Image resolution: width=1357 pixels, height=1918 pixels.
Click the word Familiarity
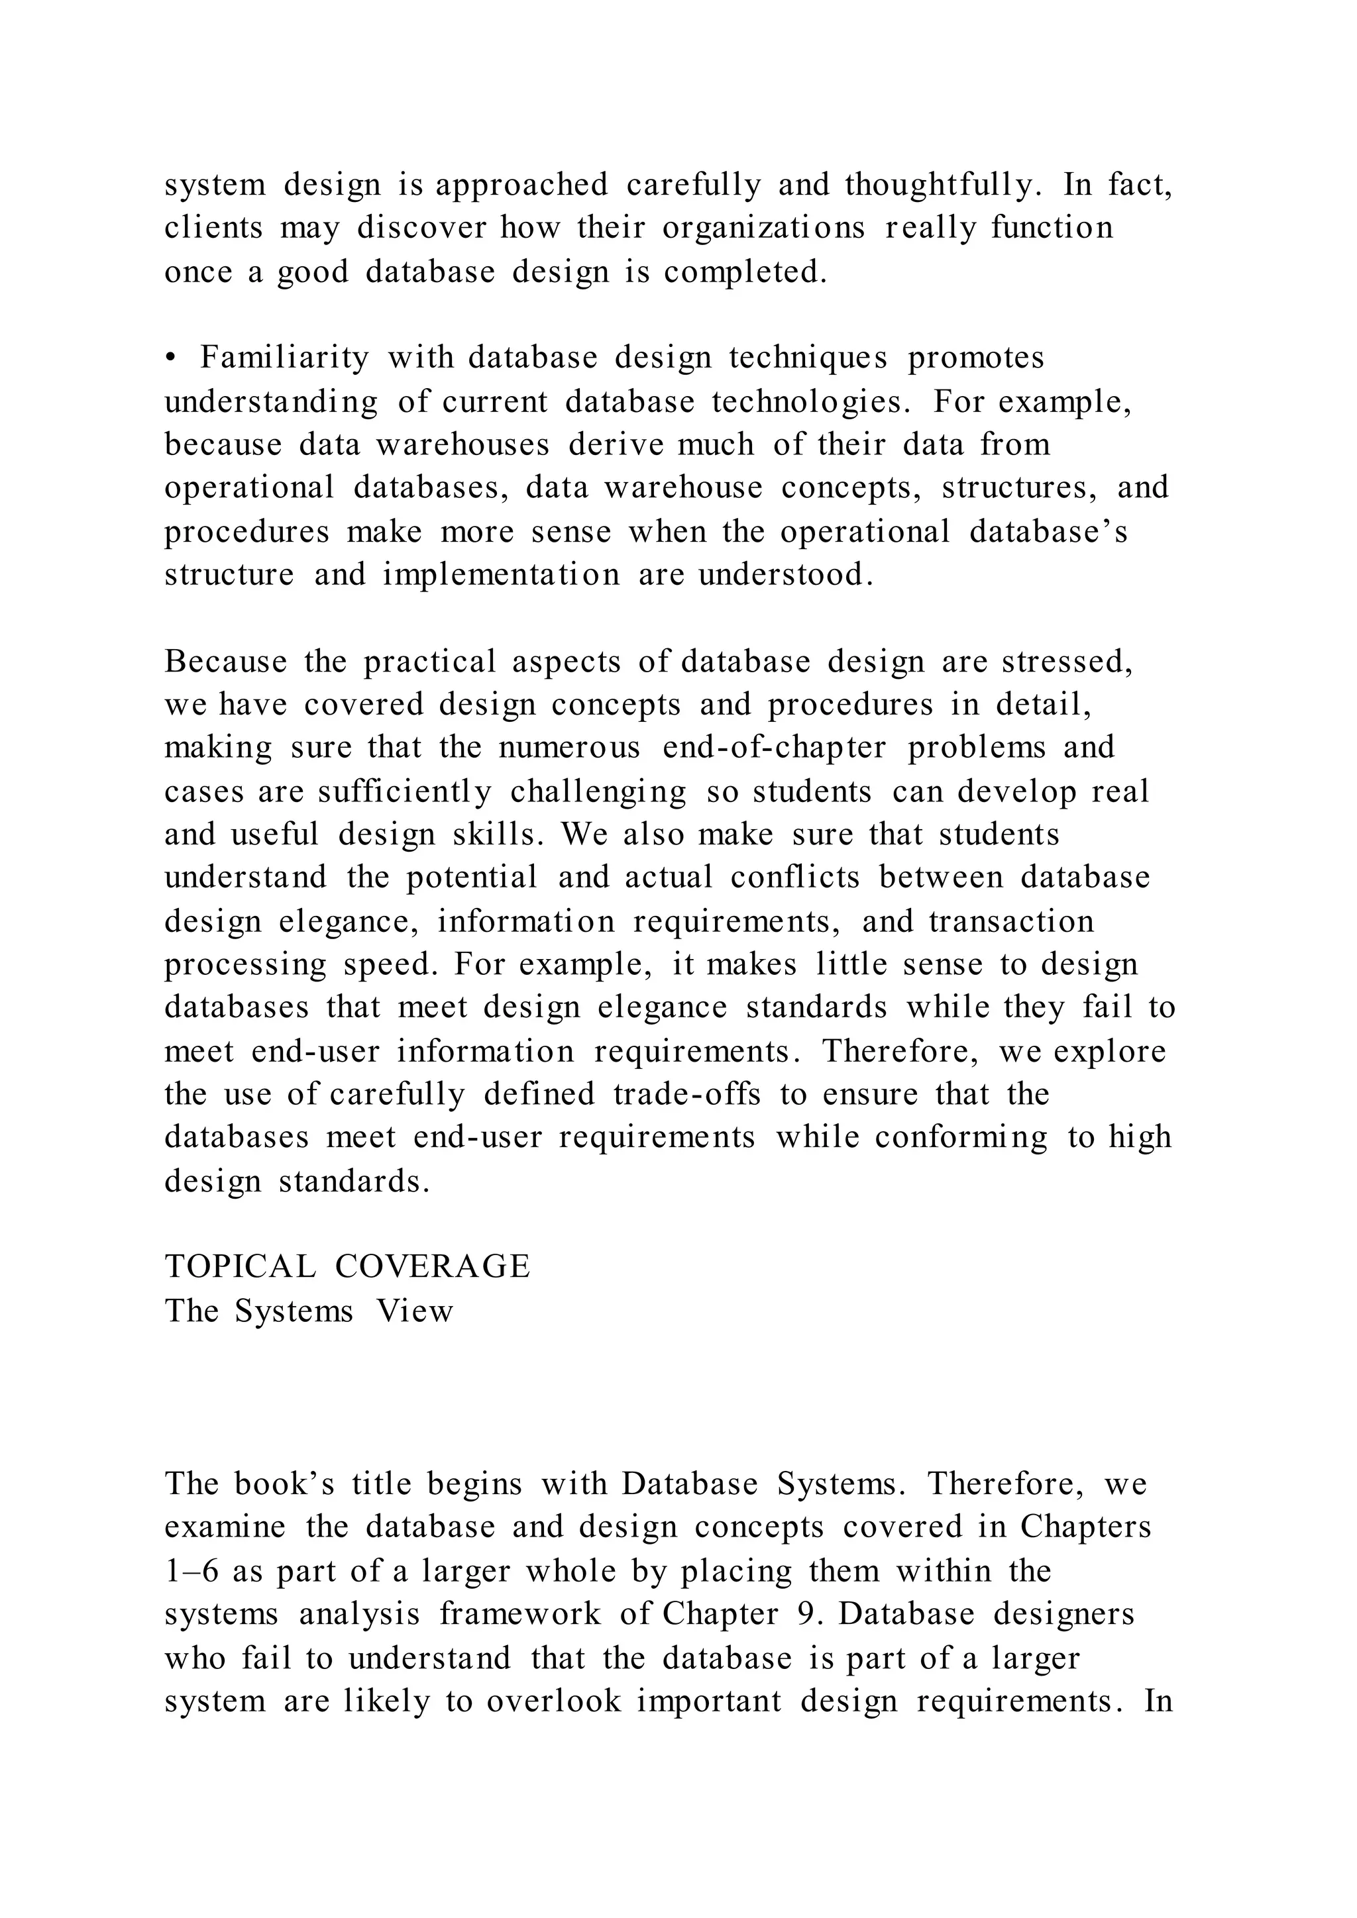click(x=284, y=358)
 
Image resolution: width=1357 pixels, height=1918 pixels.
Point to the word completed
click(x=745, y=272)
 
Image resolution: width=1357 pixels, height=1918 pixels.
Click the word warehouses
click(x=462, y=444)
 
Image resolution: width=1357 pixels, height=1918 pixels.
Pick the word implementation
click(x=502, y=575)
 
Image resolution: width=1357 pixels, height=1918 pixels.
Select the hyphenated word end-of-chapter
click(x=774, y=748)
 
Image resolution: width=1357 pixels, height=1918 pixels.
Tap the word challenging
click(x=598, y=791)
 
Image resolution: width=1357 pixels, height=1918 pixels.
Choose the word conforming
click(x=961, y=1138)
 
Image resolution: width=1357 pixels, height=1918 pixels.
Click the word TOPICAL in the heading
click(x=241, y=1266)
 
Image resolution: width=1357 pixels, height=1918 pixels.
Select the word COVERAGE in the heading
click(x=433, y=1266)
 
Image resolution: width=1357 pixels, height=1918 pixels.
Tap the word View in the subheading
click(x=414, y=1311)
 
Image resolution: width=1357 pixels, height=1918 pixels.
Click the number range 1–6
click(x=191, y=1572)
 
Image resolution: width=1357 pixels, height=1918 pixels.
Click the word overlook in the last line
click(x=554, y=1701)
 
